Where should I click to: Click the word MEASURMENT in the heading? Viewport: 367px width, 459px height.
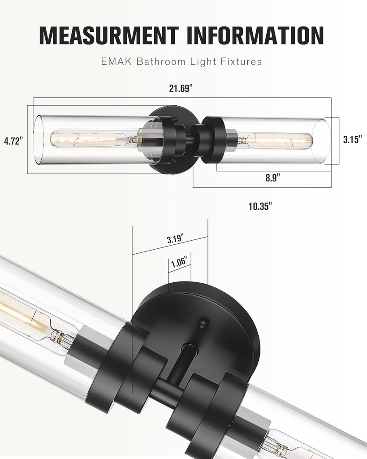109,35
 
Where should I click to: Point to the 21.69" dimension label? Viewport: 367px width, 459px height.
181,88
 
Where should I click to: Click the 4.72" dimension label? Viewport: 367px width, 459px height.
13,141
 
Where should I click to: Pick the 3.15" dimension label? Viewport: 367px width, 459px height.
352,139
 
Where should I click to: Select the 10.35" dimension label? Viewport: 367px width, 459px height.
260,206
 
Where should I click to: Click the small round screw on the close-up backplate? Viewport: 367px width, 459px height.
203,322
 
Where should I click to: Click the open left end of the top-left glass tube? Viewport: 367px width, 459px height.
39,139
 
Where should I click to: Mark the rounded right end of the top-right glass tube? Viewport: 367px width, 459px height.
324,141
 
